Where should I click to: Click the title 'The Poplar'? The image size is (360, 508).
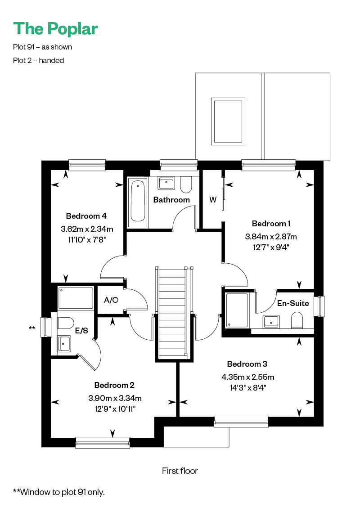tap(55, 28)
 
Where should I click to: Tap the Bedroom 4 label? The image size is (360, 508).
tap(86, 216)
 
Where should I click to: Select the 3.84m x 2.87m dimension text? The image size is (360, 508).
tap(271, 237)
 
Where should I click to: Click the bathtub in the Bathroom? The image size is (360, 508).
tap(138, 202)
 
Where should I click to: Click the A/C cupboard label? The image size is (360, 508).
tap(111, 300)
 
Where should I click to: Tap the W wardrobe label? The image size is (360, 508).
tap(212, 200)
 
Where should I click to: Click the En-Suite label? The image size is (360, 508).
tap(293, 303)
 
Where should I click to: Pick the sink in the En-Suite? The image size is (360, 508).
tap(271, 321)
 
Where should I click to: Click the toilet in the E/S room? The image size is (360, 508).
tap(65, 323)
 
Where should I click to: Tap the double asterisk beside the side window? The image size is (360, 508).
tap(32, 328)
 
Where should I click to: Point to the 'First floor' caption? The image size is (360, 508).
tap(180, 471)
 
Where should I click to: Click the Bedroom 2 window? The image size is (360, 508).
tap(103, 443)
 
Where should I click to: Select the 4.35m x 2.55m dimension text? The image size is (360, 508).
tap(248, 377)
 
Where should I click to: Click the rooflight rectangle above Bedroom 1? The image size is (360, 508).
tap(228, 121)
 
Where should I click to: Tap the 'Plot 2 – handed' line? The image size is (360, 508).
tap(39, 61)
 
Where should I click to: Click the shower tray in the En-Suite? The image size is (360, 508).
tap(237, 310)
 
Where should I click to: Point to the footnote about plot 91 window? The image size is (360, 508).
tap(59, 492)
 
